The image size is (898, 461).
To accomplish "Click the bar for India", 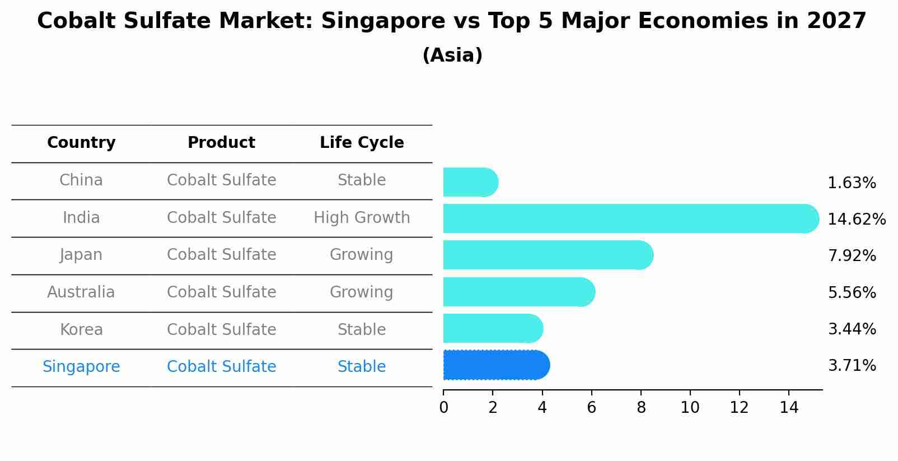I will (630, 218).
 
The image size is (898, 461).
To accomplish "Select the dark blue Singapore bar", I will (495, 365).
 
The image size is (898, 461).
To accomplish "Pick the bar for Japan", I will (548, 255).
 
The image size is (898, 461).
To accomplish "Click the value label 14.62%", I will (856, 219).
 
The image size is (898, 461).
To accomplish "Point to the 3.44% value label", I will (852, 329).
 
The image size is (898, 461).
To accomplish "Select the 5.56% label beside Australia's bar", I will (852, 292).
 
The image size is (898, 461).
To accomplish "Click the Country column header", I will (81, 143).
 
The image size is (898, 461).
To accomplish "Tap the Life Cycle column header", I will (362, 143).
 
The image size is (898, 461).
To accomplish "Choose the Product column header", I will (221, 143).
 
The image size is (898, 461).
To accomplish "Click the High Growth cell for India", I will (362, 217).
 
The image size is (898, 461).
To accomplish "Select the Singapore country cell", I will (81, 367).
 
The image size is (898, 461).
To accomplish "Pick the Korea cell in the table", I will (81, 329).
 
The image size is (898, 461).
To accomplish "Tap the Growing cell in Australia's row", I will (362, 292).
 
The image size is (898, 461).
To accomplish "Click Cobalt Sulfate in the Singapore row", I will (221, 367).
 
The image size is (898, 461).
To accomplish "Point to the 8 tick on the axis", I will (641, 408).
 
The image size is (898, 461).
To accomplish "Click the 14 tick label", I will (789, 408).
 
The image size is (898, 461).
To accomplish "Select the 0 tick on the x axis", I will (443, 408).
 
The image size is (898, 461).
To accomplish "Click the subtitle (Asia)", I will (452, 55).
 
